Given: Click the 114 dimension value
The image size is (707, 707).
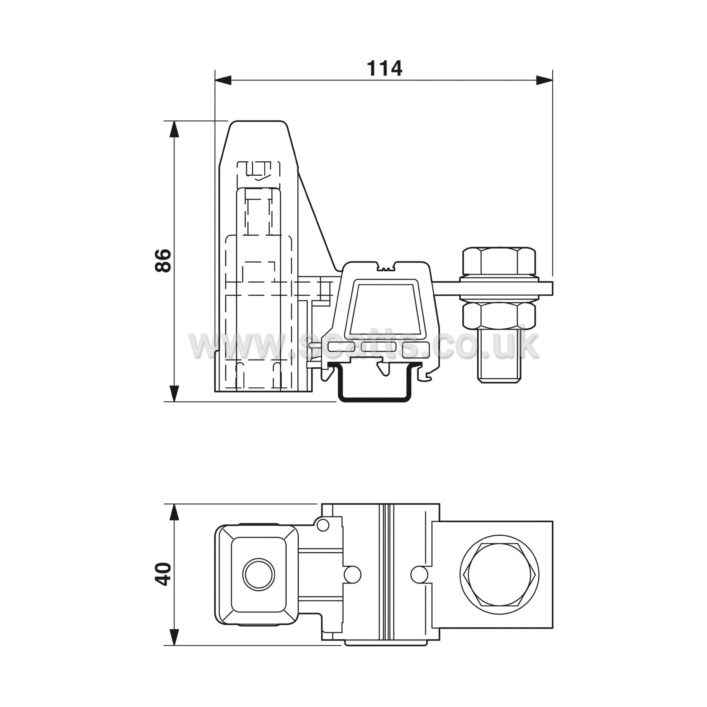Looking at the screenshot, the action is tap(385, 68).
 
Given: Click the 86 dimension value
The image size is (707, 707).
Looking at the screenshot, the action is tap(163, 260).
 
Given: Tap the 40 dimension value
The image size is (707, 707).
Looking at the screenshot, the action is tap(163, 574).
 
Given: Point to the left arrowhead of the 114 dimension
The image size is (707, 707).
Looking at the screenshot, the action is tap(223, 80).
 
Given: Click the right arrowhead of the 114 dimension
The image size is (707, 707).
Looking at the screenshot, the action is tap(544, 80).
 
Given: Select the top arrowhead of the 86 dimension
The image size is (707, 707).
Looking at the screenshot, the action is tap(174, 129).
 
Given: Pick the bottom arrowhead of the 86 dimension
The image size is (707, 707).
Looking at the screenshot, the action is tap(174, 394).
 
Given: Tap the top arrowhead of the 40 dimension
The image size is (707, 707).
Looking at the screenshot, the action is tap(174, 512).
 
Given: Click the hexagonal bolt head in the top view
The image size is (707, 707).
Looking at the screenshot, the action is tap(500, 574).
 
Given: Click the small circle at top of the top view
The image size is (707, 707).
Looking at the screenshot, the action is tap(323, 525).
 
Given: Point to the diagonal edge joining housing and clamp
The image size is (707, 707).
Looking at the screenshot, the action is tap(318, 220).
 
